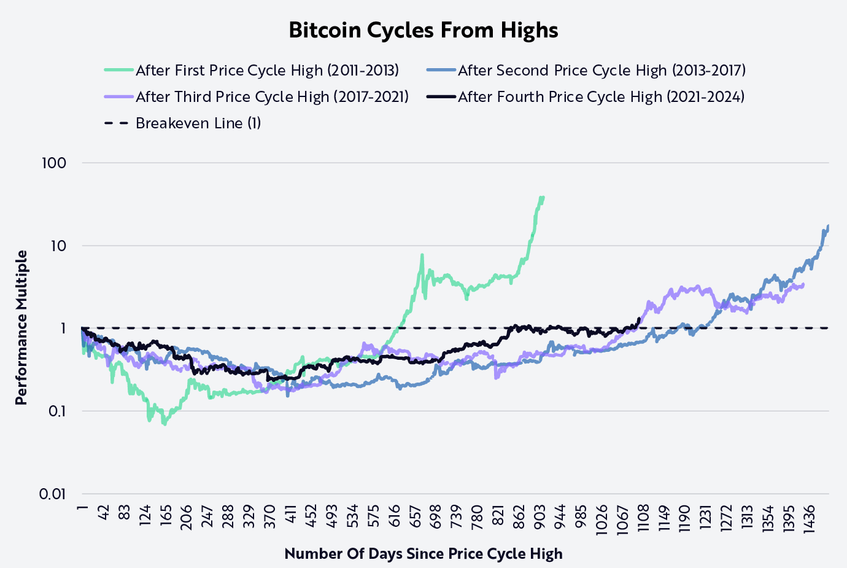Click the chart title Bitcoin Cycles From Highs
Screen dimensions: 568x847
pyautogui.click(x=423, y=30)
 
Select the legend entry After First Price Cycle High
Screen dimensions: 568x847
pyautogui.click(x=267, y=71)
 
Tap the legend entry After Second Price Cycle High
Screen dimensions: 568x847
pyautogui.click(x=601, y=71)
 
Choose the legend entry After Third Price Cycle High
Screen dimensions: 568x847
pyautogui.click(x=272, y=97)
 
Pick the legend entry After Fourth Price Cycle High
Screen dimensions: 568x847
pyautogui.click(x=601, y=97)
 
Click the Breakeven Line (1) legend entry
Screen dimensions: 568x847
pyautogui.click(x=198, y=123)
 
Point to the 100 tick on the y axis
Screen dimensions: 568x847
pyautogui.click(x=54, y=163)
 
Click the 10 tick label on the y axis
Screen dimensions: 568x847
pyautogui.click(x=58, y=246)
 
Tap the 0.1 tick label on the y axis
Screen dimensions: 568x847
pyautogui.click(x=56, y=411)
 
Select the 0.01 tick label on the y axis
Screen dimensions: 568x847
pyautogui.click(x=53, y=494)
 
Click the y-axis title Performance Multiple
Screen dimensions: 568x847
pyautogui.click(x=21, y=328)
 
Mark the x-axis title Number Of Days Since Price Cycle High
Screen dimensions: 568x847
pyautogui.click(x=423, y=554)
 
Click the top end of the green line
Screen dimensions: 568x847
pyautogui.click(x=543, y=197)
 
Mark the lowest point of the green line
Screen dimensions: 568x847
pyautogui.click(x=164, y=424)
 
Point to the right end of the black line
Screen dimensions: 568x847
pyautogui.click(x=640, y=319)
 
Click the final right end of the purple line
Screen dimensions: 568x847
pyautogui.click(x=803, y=284)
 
